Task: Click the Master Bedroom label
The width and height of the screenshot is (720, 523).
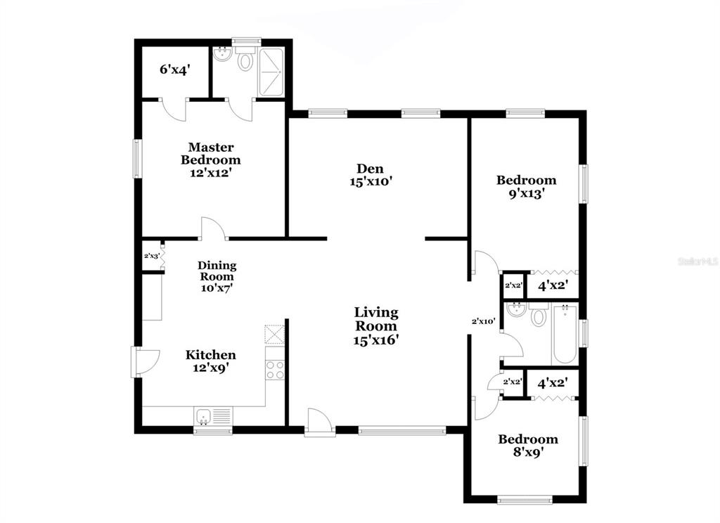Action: (x=211, y=160)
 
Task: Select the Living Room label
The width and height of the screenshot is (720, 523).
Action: (x=376, y=326)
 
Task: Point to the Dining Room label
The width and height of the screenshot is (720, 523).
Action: (x=217, y=276)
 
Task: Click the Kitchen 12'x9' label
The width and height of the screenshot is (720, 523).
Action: (x=211, y=361)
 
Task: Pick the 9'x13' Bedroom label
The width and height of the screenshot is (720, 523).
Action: (x=526, y=186)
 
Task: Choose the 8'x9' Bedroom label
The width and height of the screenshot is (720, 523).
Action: (x=528, y=446)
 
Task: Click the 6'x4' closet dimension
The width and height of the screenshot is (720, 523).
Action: (x=175, y=70)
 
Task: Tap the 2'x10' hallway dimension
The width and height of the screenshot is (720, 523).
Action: (x=484, y=321)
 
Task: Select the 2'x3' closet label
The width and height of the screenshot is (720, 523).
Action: (x=152, y=256)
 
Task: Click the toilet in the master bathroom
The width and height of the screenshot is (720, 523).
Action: (x=246, y=59)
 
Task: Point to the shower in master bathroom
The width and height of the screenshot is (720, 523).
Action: (x=271, y=72)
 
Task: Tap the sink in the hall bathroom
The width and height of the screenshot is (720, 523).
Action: (x=517, y=310)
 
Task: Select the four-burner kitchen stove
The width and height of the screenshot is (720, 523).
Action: (x=275, y=370)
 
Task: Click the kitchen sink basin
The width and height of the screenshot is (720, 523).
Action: (x=203, y=417)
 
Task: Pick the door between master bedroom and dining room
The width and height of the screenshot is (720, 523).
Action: (x=213, y=228)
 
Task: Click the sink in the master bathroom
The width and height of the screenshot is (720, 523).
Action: (x=224, y=54)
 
